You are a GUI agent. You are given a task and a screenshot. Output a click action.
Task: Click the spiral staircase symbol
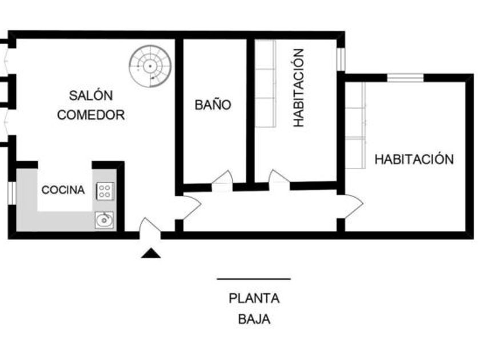click(150, 66)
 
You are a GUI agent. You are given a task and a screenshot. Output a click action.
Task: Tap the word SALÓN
click(91, 95)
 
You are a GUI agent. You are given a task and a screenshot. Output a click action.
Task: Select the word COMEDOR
click(91, 115)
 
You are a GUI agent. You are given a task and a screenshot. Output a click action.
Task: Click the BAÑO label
click(213, 105)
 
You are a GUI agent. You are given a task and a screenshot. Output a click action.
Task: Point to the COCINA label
click(63, 190)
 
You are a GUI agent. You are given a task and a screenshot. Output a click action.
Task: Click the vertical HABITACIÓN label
click(298, 87)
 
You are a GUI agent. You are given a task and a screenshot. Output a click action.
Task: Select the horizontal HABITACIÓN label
click(414, 159)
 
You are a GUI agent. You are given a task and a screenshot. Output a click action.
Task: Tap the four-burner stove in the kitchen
click(105, 190)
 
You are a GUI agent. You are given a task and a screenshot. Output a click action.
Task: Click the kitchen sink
click(105, 219)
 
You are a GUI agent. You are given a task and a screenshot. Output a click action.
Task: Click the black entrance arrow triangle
click(151, 253)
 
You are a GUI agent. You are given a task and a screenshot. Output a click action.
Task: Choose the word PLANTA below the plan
click(254, 298)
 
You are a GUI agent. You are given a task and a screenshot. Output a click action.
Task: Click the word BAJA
click(254, 319)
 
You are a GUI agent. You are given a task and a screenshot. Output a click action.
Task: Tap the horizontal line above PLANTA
click(254, 279)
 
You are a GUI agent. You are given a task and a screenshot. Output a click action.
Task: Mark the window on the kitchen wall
click(11, 192)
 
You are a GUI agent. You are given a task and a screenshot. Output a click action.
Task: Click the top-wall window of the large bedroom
click(405, 78)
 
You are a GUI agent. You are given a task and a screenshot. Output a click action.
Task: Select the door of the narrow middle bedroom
click(279, 179)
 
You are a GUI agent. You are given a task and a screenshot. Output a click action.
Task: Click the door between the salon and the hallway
click(190, 207)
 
